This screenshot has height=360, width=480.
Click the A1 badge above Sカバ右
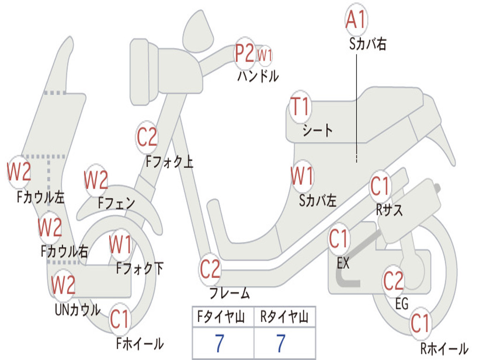coord(356,19)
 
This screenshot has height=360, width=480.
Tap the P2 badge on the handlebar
coord(245,53)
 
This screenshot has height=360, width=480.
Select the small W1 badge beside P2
coord(265,55)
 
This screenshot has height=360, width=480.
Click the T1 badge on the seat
coord(300,107)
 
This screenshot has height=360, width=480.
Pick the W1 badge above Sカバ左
coord(302,177)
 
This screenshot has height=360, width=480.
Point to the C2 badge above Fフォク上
coord(147,137)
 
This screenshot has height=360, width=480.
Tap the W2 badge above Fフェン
coord(96,180)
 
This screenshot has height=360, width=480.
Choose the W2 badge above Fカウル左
coord(19,172)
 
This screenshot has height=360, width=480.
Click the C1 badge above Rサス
coord(380,186)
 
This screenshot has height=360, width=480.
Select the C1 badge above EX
coord(339,239)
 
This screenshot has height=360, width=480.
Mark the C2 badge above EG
coord(394,281)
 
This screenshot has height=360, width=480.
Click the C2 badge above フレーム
coord(210,269)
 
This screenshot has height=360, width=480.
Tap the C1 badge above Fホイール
coord(120,320)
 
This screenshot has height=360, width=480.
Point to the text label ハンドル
coord(258,76)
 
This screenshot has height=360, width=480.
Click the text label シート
coord(317,130)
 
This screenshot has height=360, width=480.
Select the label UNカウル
coord(77,310)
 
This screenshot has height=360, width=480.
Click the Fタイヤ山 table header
coord(223,318)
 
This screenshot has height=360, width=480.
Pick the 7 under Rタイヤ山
coord(281,344)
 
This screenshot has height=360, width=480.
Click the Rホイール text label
coord(443,348)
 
